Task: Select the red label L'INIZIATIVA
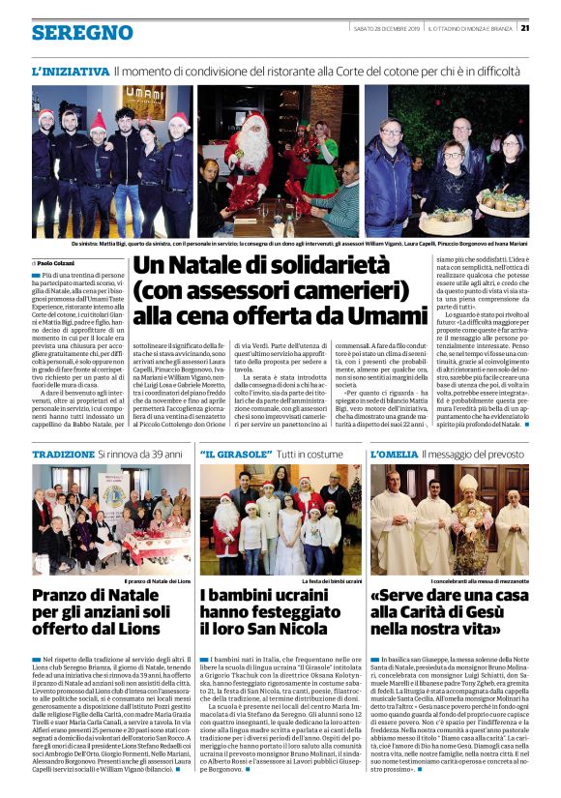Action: pyautogui.click(x=70, y=72)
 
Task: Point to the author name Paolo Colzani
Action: pyautogui.click(x=58, y=262)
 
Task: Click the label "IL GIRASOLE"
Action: pyautogui.click(x=232, y=454)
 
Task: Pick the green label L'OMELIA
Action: pyautogui.click(x=394, y=454)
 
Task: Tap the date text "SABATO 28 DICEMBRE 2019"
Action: pyautogui.click(x=384, y=27)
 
